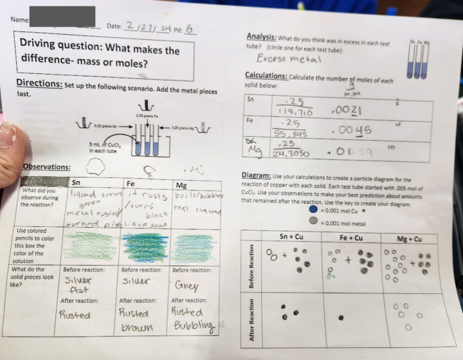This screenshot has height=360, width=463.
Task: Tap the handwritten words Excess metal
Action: coord(293,59)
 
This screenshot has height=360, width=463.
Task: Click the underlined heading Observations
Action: coord(46,167)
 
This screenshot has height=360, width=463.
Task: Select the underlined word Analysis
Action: coord(261,37)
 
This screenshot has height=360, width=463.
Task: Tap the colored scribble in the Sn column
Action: coord(88,246)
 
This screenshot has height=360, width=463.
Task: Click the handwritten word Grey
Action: coord(186,286)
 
